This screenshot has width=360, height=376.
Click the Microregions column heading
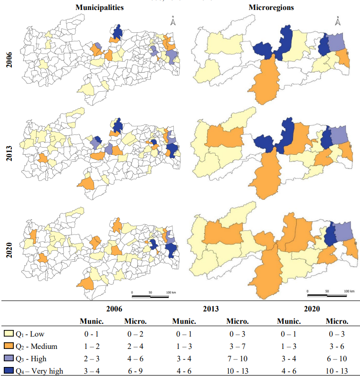click(271, 8)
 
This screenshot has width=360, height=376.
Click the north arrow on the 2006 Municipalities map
click(173, 21)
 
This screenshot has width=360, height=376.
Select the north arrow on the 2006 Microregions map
click(338, 21)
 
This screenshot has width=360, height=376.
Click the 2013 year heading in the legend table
click(210, 309)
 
